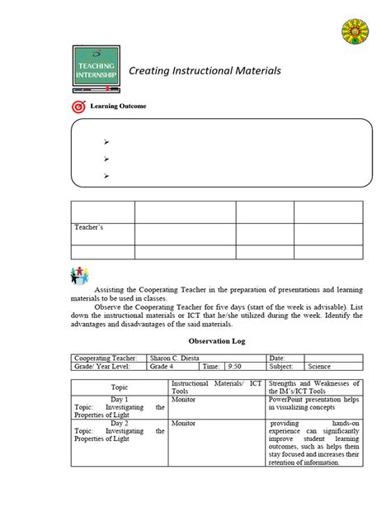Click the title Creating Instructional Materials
[x=205, y=71]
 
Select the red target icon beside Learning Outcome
[x=78, y=107]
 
